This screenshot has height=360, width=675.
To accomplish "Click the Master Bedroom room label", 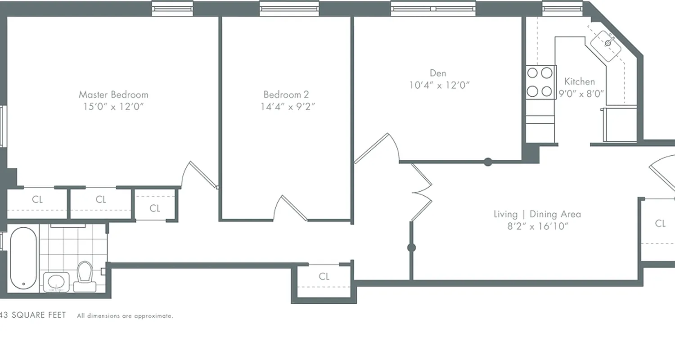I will coord(113,94).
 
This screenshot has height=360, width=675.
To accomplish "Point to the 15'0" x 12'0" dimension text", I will coord(113,107).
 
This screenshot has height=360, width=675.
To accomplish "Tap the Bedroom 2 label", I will coord(286,94).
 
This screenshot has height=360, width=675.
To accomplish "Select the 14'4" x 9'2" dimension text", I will coord(288,107).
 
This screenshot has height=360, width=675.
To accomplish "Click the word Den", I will coord(438,73).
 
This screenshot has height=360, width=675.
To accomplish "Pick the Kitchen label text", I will coord(580,81).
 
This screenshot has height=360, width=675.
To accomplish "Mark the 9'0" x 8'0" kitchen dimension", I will coord(581,94).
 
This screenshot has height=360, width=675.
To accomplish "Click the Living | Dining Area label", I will coord(537,214).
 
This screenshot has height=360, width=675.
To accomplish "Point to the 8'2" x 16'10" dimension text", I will coord(537,226).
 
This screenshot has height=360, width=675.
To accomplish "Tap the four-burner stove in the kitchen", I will coord(540,82).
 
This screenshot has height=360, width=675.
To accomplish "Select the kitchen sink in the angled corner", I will coord(608,43).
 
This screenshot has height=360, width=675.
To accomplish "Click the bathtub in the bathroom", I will coord(23,258).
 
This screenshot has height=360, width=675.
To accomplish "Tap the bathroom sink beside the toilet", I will coord(56,282).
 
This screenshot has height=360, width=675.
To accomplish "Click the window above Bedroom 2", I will coord(289,8).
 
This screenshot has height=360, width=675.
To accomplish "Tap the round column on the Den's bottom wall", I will coord(488,162).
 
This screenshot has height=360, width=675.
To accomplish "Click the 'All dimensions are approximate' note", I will coord(125,316).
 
